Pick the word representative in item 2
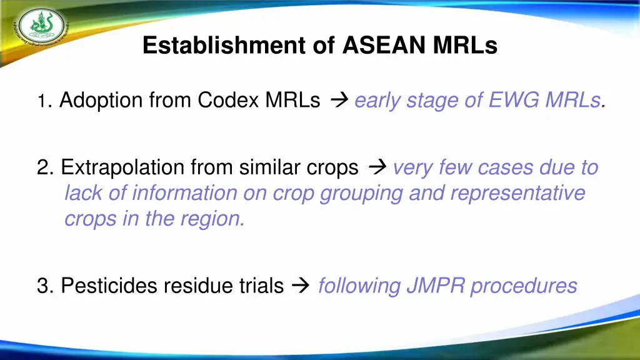coord(517,194)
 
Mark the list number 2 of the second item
coord(43,167)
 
